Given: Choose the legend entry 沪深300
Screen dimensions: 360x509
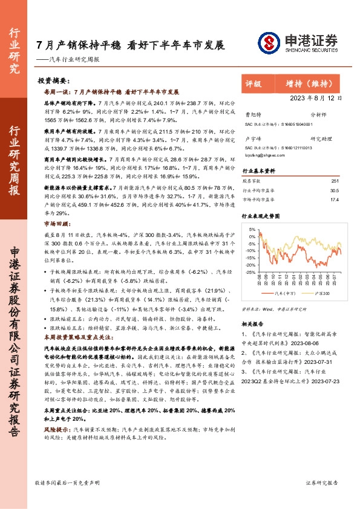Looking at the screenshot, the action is click(321, 293).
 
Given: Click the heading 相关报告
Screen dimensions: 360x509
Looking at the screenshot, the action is click(253, 323).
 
